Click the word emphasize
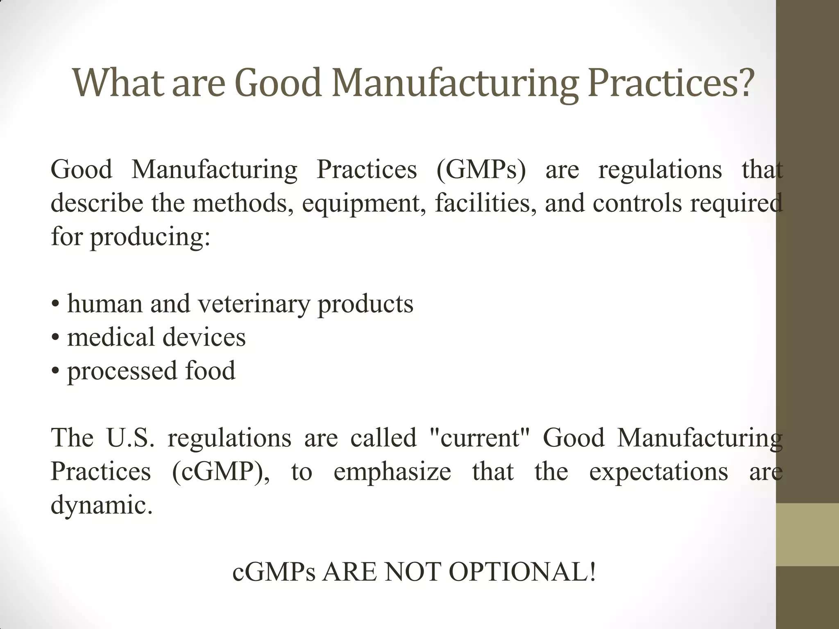tap(392, 471)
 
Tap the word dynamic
tap(101, 505)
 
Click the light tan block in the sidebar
tap(807, 534)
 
